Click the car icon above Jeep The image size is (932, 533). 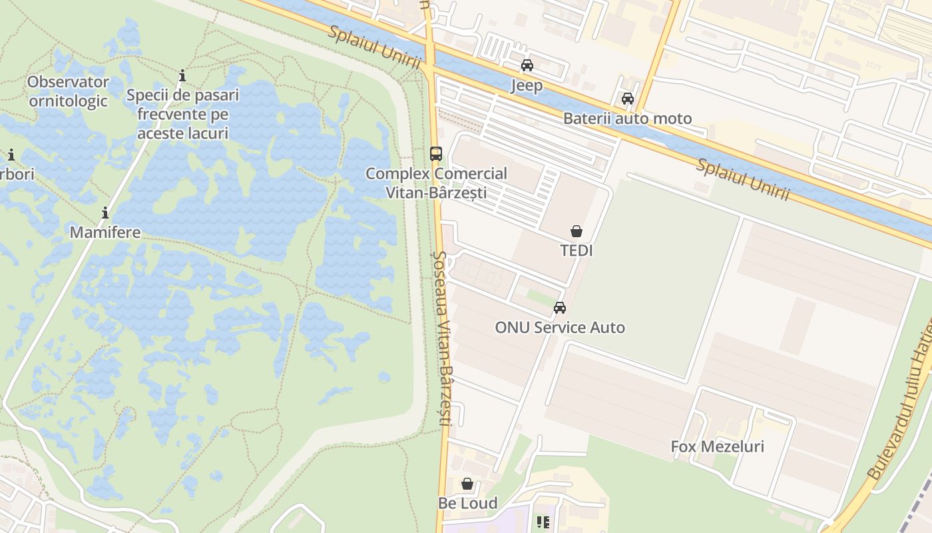527,65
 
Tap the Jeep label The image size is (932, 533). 527,85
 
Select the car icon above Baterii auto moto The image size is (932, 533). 627,99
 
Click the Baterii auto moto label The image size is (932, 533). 627,119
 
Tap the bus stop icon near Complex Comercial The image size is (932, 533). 435,154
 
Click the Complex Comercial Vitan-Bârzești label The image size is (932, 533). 436,183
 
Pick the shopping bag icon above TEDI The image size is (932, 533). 577,231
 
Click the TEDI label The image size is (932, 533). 577,251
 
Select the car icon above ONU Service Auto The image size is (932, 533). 560,308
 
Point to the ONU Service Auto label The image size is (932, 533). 560,328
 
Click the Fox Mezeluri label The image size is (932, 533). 717,446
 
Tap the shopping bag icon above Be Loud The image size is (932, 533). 467,484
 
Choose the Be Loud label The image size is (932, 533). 467,503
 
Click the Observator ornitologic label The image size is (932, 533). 68,91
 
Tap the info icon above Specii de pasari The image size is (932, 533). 182,75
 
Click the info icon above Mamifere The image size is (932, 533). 105,213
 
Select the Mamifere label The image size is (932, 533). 105,233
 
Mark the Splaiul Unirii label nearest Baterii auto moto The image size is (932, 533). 743,179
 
